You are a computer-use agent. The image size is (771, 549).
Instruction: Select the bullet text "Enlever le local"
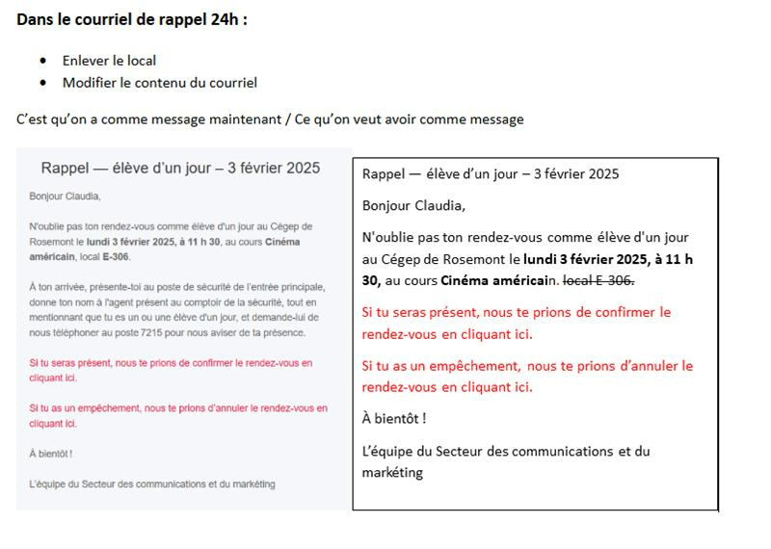(109, 61)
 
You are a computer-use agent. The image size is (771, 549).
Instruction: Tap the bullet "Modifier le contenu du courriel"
(159, 83)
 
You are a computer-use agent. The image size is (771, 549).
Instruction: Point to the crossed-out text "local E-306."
(598, 279)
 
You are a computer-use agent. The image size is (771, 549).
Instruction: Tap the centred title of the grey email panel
(180, 169)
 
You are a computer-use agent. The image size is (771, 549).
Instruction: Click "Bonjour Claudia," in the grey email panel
(65, 196)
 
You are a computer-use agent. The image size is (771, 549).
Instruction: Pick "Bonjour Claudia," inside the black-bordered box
(413, 205)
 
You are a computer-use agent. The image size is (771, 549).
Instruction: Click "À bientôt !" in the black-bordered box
(394, 418)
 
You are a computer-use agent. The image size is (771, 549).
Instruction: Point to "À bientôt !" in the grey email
(51, 453)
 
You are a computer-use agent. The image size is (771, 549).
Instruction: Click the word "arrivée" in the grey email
(69, 287)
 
